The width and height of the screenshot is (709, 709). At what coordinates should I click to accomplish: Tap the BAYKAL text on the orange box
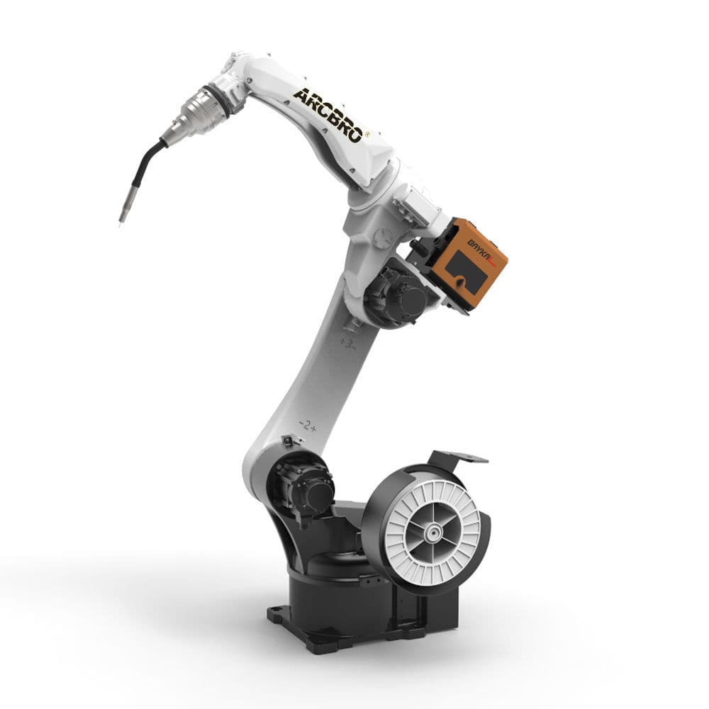point(467,243)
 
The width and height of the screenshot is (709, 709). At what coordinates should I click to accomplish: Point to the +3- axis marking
point(347,342)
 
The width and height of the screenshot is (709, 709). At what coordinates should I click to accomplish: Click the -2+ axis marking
point(308,425)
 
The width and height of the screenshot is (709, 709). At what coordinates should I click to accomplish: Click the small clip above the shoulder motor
point(287,441)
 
